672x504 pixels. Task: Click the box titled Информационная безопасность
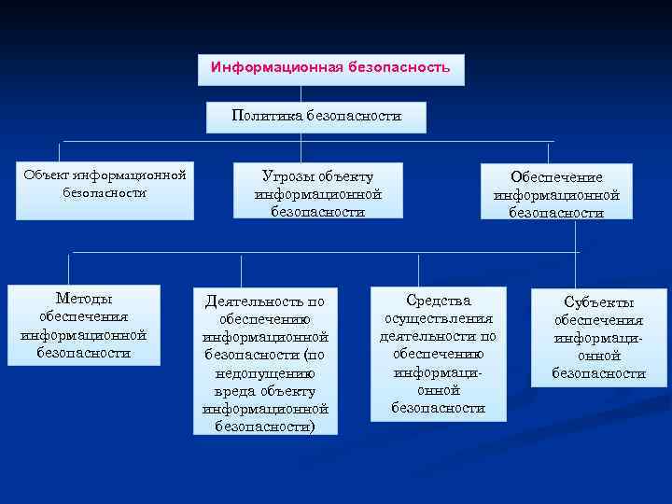pos(330,68)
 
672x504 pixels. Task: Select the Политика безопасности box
pos(316,118)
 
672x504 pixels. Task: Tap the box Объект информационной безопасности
pos(105,192)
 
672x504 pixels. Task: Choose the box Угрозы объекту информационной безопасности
pos(318,194)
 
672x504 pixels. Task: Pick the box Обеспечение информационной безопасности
pos(556,193)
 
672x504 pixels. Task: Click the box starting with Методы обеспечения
pos(84,326)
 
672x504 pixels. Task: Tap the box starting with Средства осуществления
pos(438,354)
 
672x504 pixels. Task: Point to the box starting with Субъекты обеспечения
pos(598,337)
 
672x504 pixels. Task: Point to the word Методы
pos(84,299)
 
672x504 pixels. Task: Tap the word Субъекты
pos(599,301)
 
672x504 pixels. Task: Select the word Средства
pos(439,301)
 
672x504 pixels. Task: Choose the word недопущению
pos(265,373)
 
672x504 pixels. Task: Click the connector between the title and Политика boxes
pos(301,94)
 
